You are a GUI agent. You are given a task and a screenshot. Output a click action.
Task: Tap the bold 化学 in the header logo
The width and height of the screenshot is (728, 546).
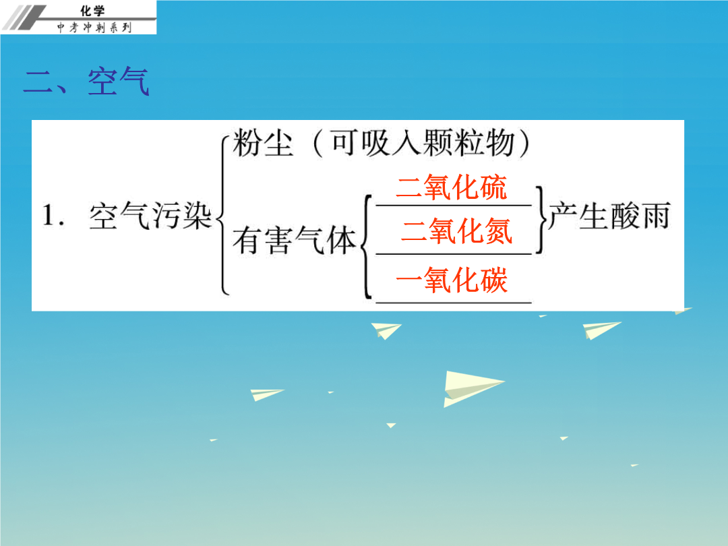tap(92, 10)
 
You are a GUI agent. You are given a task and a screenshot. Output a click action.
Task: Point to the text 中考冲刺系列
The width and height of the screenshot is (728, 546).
tap(94, 28)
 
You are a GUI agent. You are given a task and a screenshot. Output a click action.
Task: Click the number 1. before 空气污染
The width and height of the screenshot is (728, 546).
tap(53, 215)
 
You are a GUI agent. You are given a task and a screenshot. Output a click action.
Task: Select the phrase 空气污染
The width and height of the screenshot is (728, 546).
tap(150, 216)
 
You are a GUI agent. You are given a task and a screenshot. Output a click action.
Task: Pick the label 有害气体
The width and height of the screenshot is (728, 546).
tap(295, 240)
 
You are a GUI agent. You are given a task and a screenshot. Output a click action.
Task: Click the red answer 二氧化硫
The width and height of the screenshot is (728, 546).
tap(451, 187)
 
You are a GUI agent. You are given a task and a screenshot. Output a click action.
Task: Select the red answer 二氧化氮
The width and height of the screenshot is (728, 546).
tap(456, 231)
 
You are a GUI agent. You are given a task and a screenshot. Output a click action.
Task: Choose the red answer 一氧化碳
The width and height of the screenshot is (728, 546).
tap(451, 280)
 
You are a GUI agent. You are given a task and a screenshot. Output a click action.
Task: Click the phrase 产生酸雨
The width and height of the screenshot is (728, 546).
tap(609, 216)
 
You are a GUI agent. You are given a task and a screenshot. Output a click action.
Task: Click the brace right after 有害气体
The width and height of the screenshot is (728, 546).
tap(366, 246)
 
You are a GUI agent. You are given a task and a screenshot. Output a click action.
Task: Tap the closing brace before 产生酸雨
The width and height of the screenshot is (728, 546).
tap(541, 220)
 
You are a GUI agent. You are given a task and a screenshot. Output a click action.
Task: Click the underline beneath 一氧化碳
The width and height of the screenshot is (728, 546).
tap(454, 303)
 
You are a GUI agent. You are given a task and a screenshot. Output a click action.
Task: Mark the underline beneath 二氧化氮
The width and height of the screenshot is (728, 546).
tap(454, 254)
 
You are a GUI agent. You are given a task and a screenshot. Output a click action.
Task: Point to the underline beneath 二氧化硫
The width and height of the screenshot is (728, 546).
tap(454, 205)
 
